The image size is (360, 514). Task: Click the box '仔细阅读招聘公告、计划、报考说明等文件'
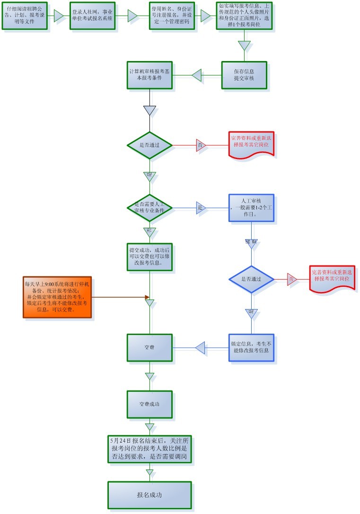click(x=25, y=15)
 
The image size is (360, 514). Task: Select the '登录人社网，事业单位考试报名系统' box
click(x=92, y=15)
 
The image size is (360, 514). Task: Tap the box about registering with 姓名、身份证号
click(x=169, y=15)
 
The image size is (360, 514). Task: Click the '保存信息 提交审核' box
click(x=244, y=75)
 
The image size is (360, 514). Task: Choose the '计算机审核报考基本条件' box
click(x=149, y=75)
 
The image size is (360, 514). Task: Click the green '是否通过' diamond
click(x=149, y=145)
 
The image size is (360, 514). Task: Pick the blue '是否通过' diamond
click(x=251, y=279)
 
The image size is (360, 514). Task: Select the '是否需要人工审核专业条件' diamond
click(x=149, y=207)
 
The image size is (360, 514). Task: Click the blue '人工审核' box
click(x=251, y=207)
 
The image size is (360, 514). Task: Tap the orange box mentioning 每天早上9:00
click(x=57, y=297)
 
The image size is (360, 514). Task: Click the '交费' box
click(x=149, y=348)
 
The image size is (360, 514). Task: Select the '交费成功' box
click(x=149, y=405)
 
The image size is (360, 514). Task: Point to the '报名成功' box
click(x=149, y=495)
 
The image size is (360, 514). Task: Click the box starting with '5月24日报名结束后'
click(x=149, y=449)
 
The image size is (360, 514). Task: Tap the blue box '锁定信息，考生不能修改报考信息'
click(x=251, y=348)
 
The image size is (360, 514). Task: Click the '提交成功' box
click(x=149, y=257)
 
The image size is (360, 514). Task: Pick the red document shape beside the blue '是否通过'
click(x=333, y=278)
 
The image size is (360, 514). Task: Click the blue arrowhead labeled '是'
click(x=201, y=208)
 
